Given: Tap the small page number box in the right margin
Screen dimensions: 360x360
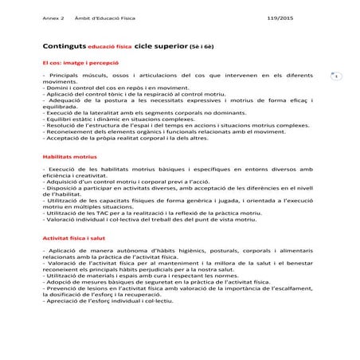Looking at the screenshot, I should tap(336, 76).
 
